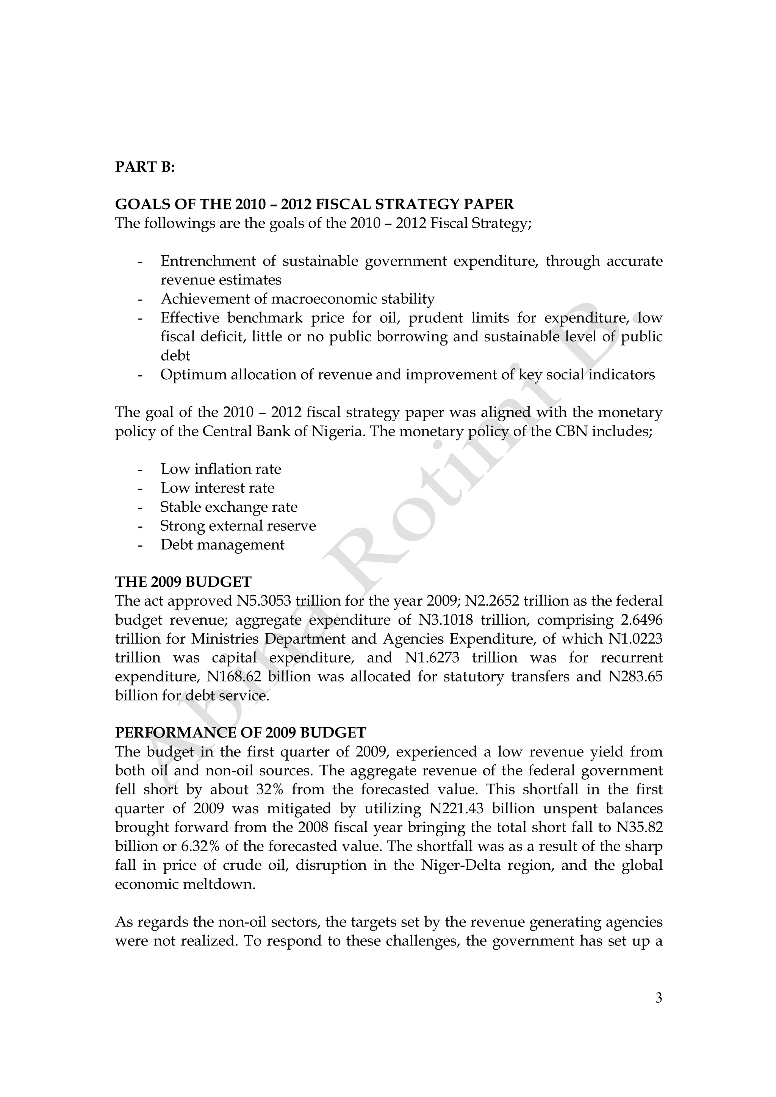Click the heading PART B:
[x=145, y=167]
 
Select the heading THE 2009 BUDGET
[x=183, y=581]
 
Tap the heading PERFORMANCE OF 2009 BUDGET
[x=240, y=733]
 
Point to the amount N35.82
[x=639, y=827]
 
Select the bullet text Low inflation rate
[x=221, y=469]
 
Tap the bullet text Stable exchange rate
[x=229, y=506]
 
